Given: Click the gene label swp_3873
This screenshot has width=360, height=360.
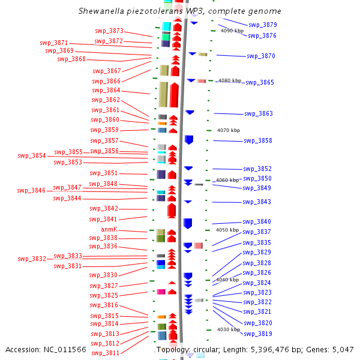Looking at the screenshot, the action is tap(109, 31).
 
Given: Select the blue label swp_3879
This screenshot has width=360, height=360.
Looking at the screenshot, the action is tap(263, 25).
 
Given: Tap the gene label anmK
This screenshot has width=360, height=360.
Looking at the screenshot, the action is tap(109, 229).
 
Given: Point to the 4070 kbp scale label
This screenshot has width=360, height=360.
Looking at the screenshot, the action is tap(229, 130).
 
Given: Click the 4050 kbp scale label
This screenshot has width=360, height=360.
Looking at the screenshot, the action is tap(227, 230).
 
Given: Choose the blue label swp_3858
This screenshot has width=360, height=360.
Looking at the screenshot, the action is tap(258, 141).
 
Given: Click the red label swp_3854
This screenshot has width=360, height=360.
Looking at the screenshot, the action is tap(32, 155).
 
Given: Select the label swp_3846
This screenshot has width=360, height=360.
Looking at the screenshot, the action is tap(31, 190).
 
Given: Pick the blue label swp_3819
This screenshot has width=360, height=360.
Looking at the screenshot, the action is tap(258, 334).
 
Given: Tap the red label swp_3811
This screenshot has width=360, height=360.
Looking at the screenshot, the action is tap(106, 353).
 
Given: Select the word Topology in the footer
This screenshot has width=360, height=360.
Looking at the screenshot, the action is tap(173, 350).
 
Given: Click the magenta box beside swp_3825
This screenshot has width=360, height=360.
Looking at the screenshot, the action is tap(161, 292).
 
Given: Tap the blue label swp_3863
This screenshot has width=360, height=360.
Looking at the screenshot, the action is tap(259, 113).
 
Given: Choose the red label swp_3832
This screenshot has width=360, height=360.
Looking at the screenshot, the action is tap(32, 259).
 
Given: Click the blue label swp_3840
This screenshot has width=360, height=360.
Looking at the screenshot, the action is tap(257, 222).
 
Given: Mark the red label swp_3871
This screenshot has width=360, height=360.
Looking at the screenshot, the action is tap(54, 43).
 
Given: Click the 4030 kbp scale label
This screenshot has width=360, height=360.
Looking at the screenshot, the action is tap(229, 329).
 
